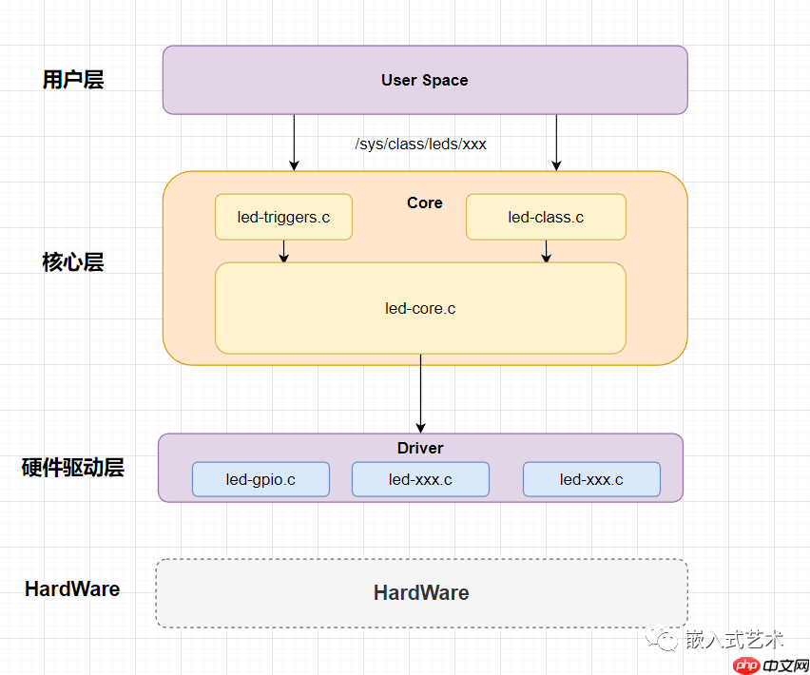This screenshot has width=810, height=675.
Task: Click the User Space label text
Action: click(x=424, y=80)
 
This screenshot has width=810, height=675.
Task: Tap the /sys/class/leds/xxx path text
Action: click(x=420, y=145)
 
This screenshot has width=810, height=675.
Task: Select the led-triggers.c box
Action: click(x=283, y=217)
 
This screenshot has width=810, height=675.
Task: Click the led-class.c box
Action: click(x=546, y=217)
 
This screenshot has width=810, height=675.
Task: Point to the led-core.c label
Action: click(x=420, y=308)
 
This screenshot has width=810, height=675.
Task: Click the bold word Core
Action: click(x=424, y=202)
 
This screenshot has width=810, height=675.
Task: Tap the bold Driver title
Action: click(x=420, y=448)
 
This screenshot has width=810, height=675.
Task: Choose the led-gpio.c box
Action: click(x=260, y=479)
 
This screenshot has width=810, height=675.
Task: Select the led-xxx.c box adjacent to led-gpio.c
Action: click(x=420, y=479)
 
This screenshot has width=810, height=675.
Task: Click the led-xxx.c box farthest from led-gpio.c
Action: click(x=591, y=479)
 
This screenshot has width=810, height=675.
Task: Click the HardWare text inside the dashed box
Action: click(x=421, y=593)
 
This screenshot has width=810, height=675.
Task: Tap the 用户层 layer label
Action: click(x=73, y=80)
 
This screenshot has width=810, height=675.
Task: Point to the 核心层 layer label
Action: click(x=73, y=262)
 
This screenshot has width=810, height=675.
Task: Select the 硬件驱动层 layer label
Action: click(x=73, y=468)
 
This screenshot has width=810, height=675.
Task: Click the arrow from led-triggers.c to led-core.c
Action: click(x=283, y=251)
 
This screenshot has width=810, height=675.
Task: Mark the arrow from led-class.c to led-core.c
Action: click(x=546, y=251)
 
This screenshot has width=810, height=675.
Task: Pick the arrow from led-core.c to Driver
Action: click(x=420, y=394)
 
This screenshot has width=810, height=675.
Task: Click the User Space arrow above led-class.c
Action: click(x=557, y=143)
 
